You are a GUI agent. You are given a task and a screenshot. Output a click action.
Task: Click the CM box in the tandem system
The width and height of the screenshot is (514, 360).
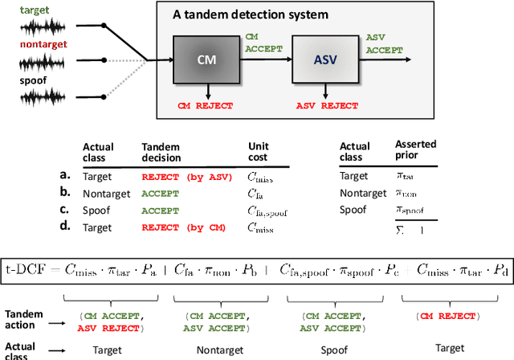click(x=205, y=61)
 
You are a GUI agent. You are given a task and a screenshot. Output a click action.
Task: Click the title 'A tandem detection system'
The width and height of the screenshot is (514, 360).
click(x=250, y=15)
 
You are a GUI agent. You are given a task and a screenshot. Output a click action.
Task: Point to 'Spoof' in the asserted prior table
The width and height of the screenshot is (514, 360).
click(x=354, y=210)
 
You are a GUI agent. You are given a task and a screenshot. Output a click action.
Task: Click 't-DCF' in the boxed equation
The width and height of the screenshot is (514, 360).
click(x=31, y=267)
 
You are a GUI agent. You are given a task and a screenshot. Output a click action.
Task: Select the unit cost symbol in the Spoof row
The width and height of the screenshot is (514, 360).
click(x=269, y=211)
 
